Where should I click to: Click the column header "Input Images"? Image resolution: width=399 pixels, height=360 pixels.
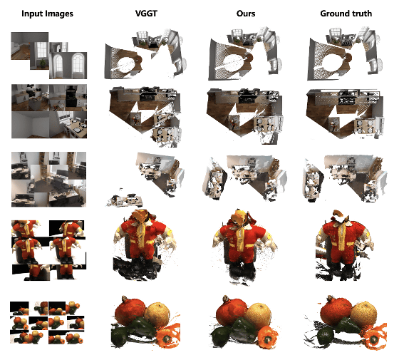click(47, 14)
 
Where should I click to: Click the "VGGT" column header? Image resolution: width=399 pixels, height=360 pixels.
click(146, 14)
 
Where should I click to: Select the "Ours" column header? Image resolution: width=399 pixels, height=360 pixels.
click(246, 14)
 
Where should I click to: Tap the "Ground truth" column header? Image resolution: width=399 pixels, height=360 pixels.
click(346, 14)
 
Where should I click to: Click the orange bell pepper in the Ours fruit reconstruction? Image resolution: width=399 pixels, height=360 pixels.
click(267, 336)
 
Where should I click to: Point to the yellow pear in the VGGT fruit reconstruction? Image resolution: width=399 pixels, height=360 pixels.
click(157, 314)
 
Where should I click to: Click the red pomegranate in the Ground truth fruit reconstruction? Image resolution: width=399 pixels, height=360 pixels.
click(336, 311)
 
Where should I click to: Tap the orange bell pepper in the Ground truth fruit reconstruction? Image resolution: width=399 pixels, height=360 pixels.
click(375, 336)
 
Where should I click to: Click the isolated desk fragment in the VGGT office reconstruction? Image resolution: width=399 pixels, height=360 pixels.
click(125, 200)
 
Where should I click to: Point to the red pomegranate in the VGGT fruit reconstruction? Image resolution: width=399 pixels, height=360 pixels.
click(130, 312)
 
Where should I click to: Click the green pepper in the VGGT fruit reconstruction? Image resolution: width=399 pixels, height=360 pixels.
click(143, 326)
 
